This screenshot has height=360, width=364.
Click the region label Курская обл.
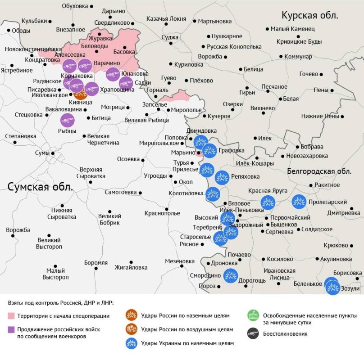click(x=310, y=16)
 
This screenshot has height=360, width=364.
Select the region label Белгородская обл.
click(x=319, y=171)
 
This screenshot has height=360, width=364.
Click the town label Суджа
click(x=170, y=37)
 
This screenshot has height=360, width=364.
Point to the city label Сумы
click(x=42, y=153)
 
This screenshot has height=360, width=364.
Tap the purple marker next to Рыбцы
click(x=68, y=120)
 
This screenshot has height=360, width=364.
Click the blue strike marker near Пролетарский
click(x=299, y=202)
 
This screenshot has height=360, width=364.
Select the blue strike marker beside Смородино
click(x=231, y=275)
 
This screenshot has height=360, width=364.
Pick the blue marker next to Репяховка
click(x=222, y=178)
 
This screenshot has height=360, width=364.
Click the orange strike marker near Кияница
click(x=80, y=94)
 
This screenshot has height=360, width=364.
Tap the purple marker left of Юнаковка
click(x=113, y=74)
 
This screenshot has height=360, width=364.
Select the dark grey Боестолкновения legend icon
click(x=253, y=333)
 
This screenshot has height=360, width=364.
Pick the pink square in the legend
click(x=11, y=315)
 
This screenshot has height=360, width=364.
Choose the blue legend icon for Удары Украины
click(x=132, y=343)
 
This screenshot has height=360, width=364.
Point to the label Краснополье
click(x=162, y=213)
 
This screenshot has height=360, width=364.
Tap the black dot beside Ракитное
click(x=311, y=185)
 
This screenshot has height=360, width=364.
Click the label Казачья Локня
click(x=166, y=19)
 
